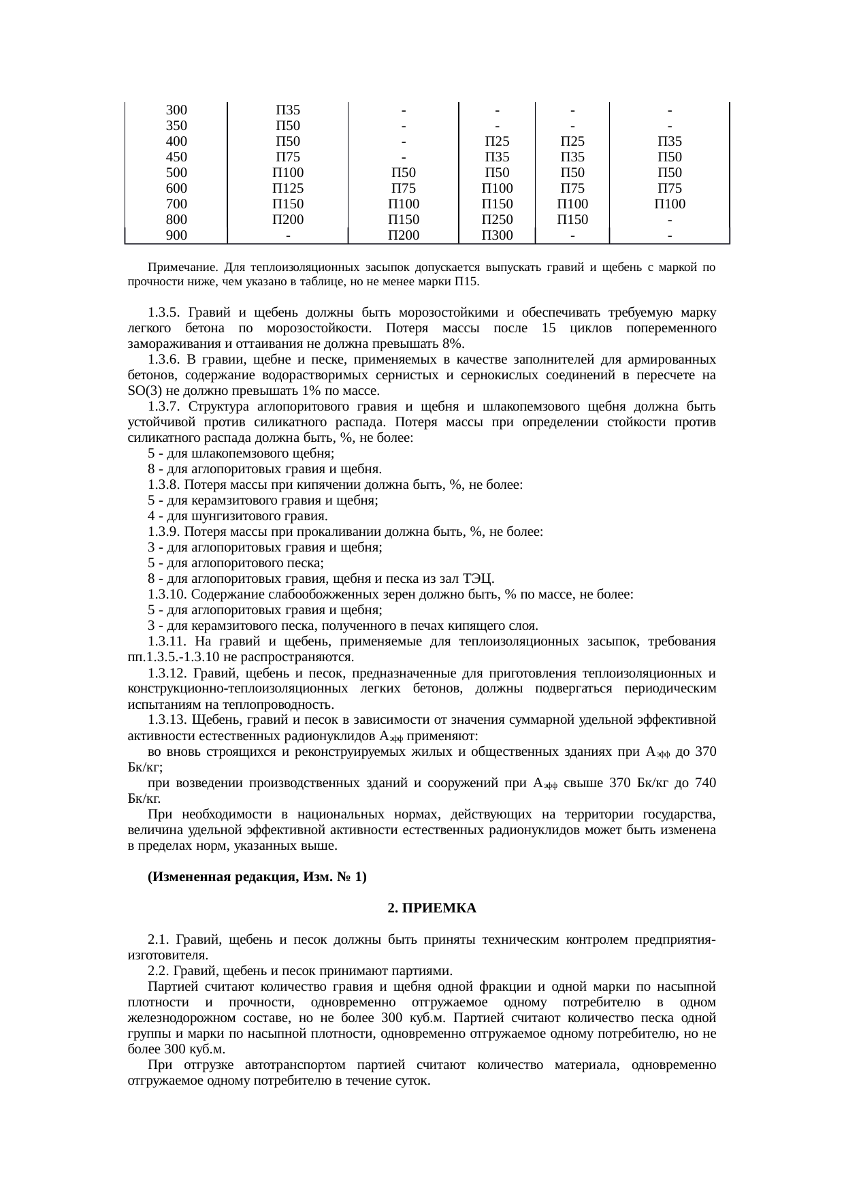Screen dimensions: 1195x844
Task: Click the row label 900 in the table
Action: (176, 236)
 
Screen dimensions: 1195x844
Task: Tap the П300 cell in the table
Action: (497, 236)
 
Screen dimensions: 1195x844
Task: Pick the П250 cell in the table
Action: (497, 220)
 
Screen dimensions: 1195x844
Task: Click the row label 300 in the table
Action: (176, 110)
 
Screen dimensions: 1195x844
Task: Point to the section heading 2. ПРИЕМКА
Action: (432, 909)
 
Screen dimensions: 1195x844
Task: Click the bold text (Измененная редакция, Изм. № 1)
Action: (257, 878)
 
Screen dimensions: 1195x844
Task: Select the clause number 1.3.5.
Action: (163, 313)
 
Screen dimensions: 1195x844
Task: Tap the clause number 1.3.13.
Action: (167, 720)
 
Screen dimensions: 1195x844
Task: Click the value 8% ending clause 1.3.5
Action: (453, 344)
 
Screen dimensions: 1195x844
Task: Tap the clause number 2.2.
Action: (157, 970)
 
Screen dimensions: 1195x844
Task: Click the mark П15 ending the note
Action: (467, 281)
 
